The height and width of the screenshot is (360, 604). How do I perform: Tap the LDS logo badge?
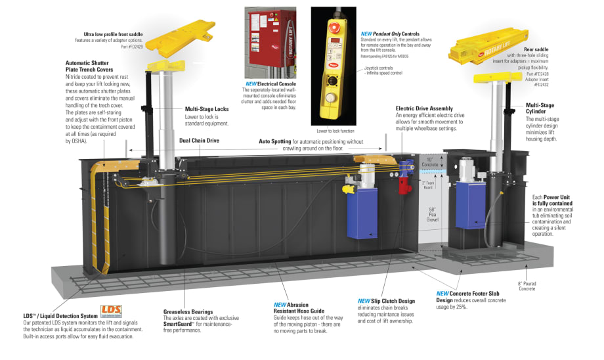pyautogui.click(x=110, y=309)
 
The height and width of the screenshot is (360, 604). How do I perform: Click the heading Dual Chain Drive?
pyautogui.click(x=199, y=140)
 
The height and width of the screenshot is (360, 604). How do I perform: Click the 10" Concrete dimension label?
pyautogui.click(x=429, y=162)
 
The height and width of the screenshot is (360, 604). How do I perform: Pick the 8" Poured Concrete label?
pyautogui.click(x=528, y=286)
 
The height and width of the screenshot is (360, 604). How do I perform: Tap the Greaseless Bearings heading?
pyautogui.click(x=188, y=311)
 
